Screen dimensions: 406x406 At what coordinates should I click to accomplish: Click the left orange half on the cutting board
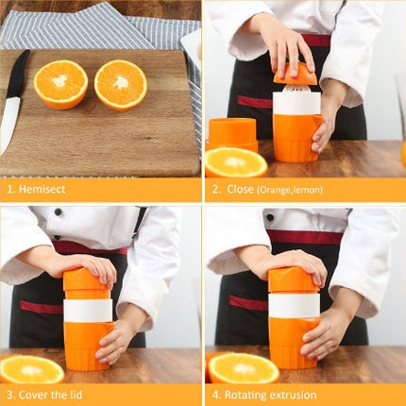(60, 83)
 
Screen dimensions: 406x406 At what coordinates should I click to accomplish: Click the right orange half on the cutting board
(121, 84)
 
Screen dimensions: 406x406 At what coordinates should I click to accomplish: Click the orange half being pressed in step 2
(296, 74)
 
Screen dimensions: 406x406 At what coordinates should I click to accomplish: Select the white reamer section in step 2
(296, 101)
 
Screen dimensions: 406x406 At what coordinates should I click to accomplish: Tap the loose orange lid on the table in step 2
(231, 132)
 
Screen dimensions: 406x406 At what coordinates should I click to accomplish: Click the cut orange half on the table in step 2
(235, 162)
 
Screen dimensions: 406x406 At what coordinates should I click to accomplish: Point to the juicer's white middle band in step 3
(88, 310)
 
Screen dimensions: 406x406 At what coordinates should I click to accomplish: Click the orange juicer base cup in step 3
(88, 344)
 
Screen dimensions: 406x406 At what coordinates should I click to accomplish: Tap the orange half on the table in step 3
(31, 368)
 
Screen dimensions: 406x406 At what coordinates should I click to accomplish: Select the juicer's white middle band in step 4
(294, 305)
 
